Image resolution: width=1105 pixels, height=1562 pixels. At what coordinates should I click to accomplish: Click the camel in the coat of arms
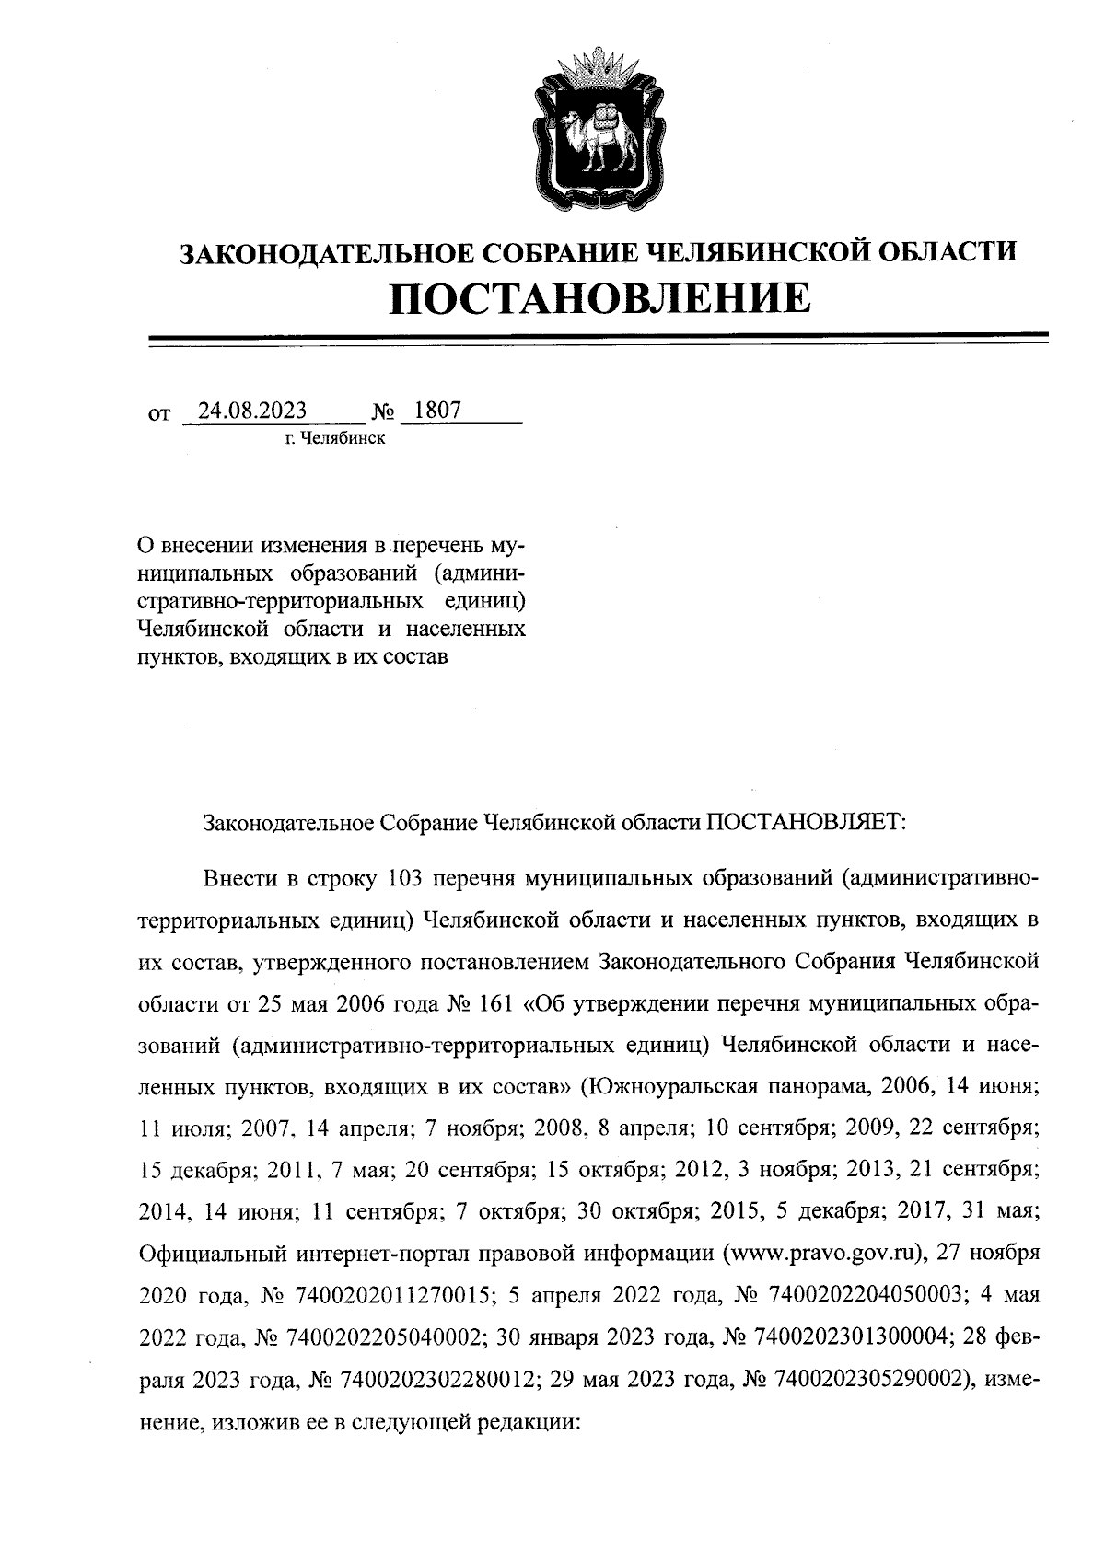599,135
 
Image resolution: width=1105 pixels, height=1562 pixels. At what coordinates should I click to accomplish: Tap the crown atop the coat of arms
599,67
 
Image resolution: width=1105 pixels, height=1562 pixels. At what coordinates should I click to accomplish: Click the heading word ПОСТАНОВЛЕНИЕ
600,297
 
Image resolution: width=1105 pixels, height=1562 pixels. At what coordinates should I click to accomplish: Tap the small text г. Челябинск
335,437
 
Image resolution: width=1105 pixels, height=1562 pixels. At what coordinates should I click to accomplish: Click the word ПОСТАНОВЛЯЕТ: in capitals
806,820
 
